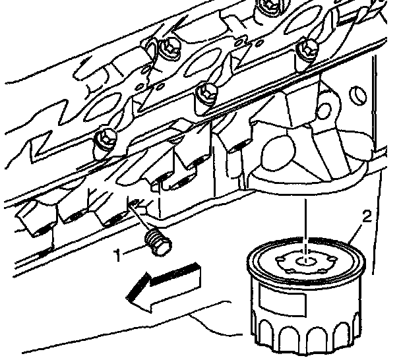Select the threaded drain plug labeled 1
click(x=157, y=241)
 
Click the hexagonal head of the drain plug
click(x=160, y=247)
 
